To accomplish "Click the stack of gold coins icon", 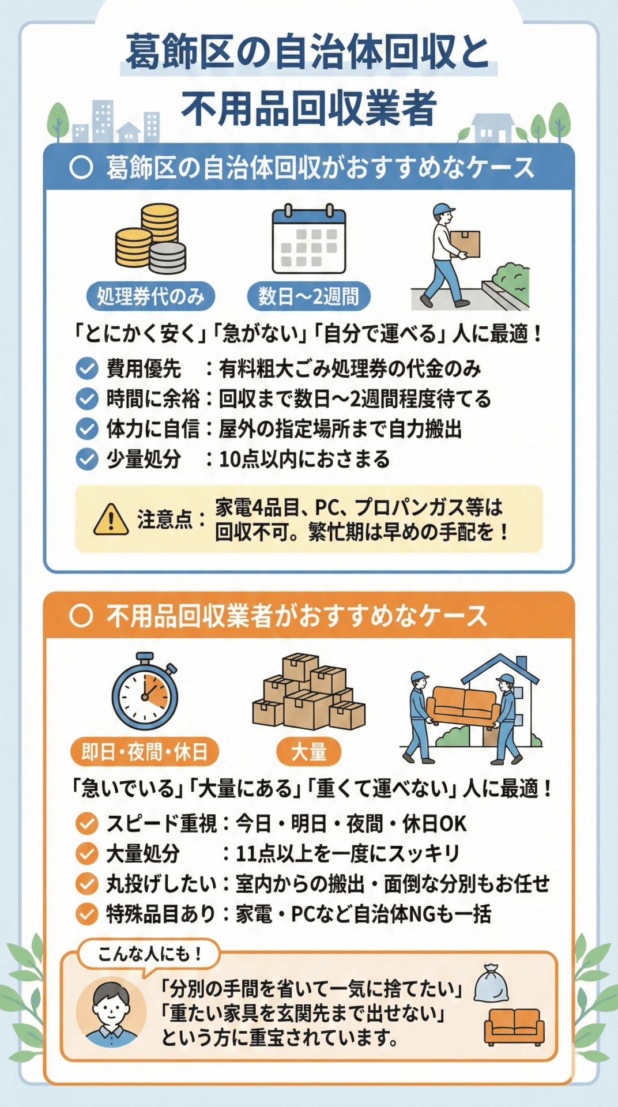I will (x=150, y=239).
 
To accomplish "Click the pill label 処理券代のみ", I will (x=150, y=296).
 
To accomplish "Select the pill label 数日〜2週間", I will (x=308, y=296).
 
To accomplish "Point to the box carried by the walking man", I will (x=465, y=243).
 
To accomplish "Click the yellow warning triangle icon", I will (x=111, y=519).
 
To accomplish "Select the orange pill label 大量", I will (x=308, y=752).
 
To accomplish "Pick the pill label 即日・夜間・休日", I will (x=145, y=752).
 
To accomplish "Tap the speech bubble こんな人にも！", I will (x=149, y=954).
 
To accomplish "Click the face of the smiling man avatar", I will (x=111, y=1006).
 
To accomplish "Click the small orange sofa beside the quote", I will (x=514, y=1027).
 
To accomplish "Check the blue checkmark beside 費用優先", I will (x=87, y=368).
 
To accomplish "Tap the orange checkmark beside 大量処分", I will (x=87, y=853).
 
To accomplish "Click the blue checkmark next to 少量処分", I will (x=87, y=459).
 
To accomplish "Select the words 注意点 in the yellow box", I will (x=165, y=519).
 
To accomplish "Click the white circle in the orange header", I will (x=81, y=616).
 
